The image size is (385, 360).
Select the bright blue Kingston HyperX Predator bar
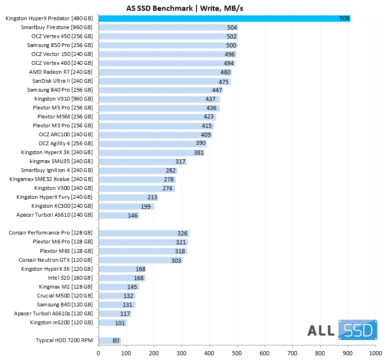click(x=224, y=18)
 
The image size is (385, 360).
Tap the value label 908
click(x=344, y=18)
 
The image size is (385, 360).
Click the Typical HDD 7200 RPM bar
click(x=109, y=340)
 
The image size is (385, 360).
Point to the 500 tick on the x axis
click(x=237, y=352)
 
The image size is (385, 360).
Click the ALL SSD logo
click(x=342, y=330)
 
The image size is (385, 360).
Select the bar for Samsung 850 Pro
click(x=168, y=45)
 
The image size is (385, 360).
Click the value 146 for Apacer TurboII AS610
click(x=133, y=215)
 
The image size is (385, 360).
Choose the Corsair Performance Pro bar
click(x=144, y=233)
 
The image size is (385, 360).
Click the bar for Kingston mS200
click(x=113, y=322)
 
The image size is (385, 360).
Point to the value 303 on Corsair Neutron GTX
click(x=176, y=260)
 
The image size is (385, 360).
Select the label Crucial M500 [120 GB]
click(x=65, y=296)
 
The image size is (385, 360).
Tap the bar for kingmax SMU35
click(x=142, y=162)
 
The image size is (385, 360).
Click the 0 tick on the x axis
click(x=99, y=352)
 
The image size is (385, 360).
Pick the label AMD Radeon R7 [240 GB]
click(x=61, y=72)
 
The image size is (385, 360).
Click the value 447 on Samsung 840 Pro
click(x=216, y=90)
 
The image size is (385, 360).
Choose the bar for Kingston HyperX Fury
click(x=128, y=197)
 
